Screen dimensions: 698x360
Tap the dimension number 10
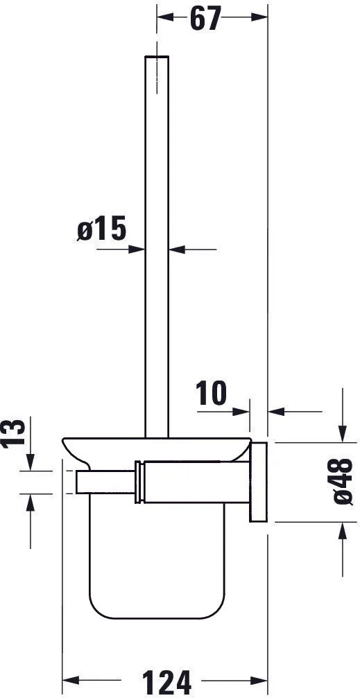click(212, 393)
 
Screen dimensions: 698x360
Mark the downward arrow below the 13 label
click(30, 461)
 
